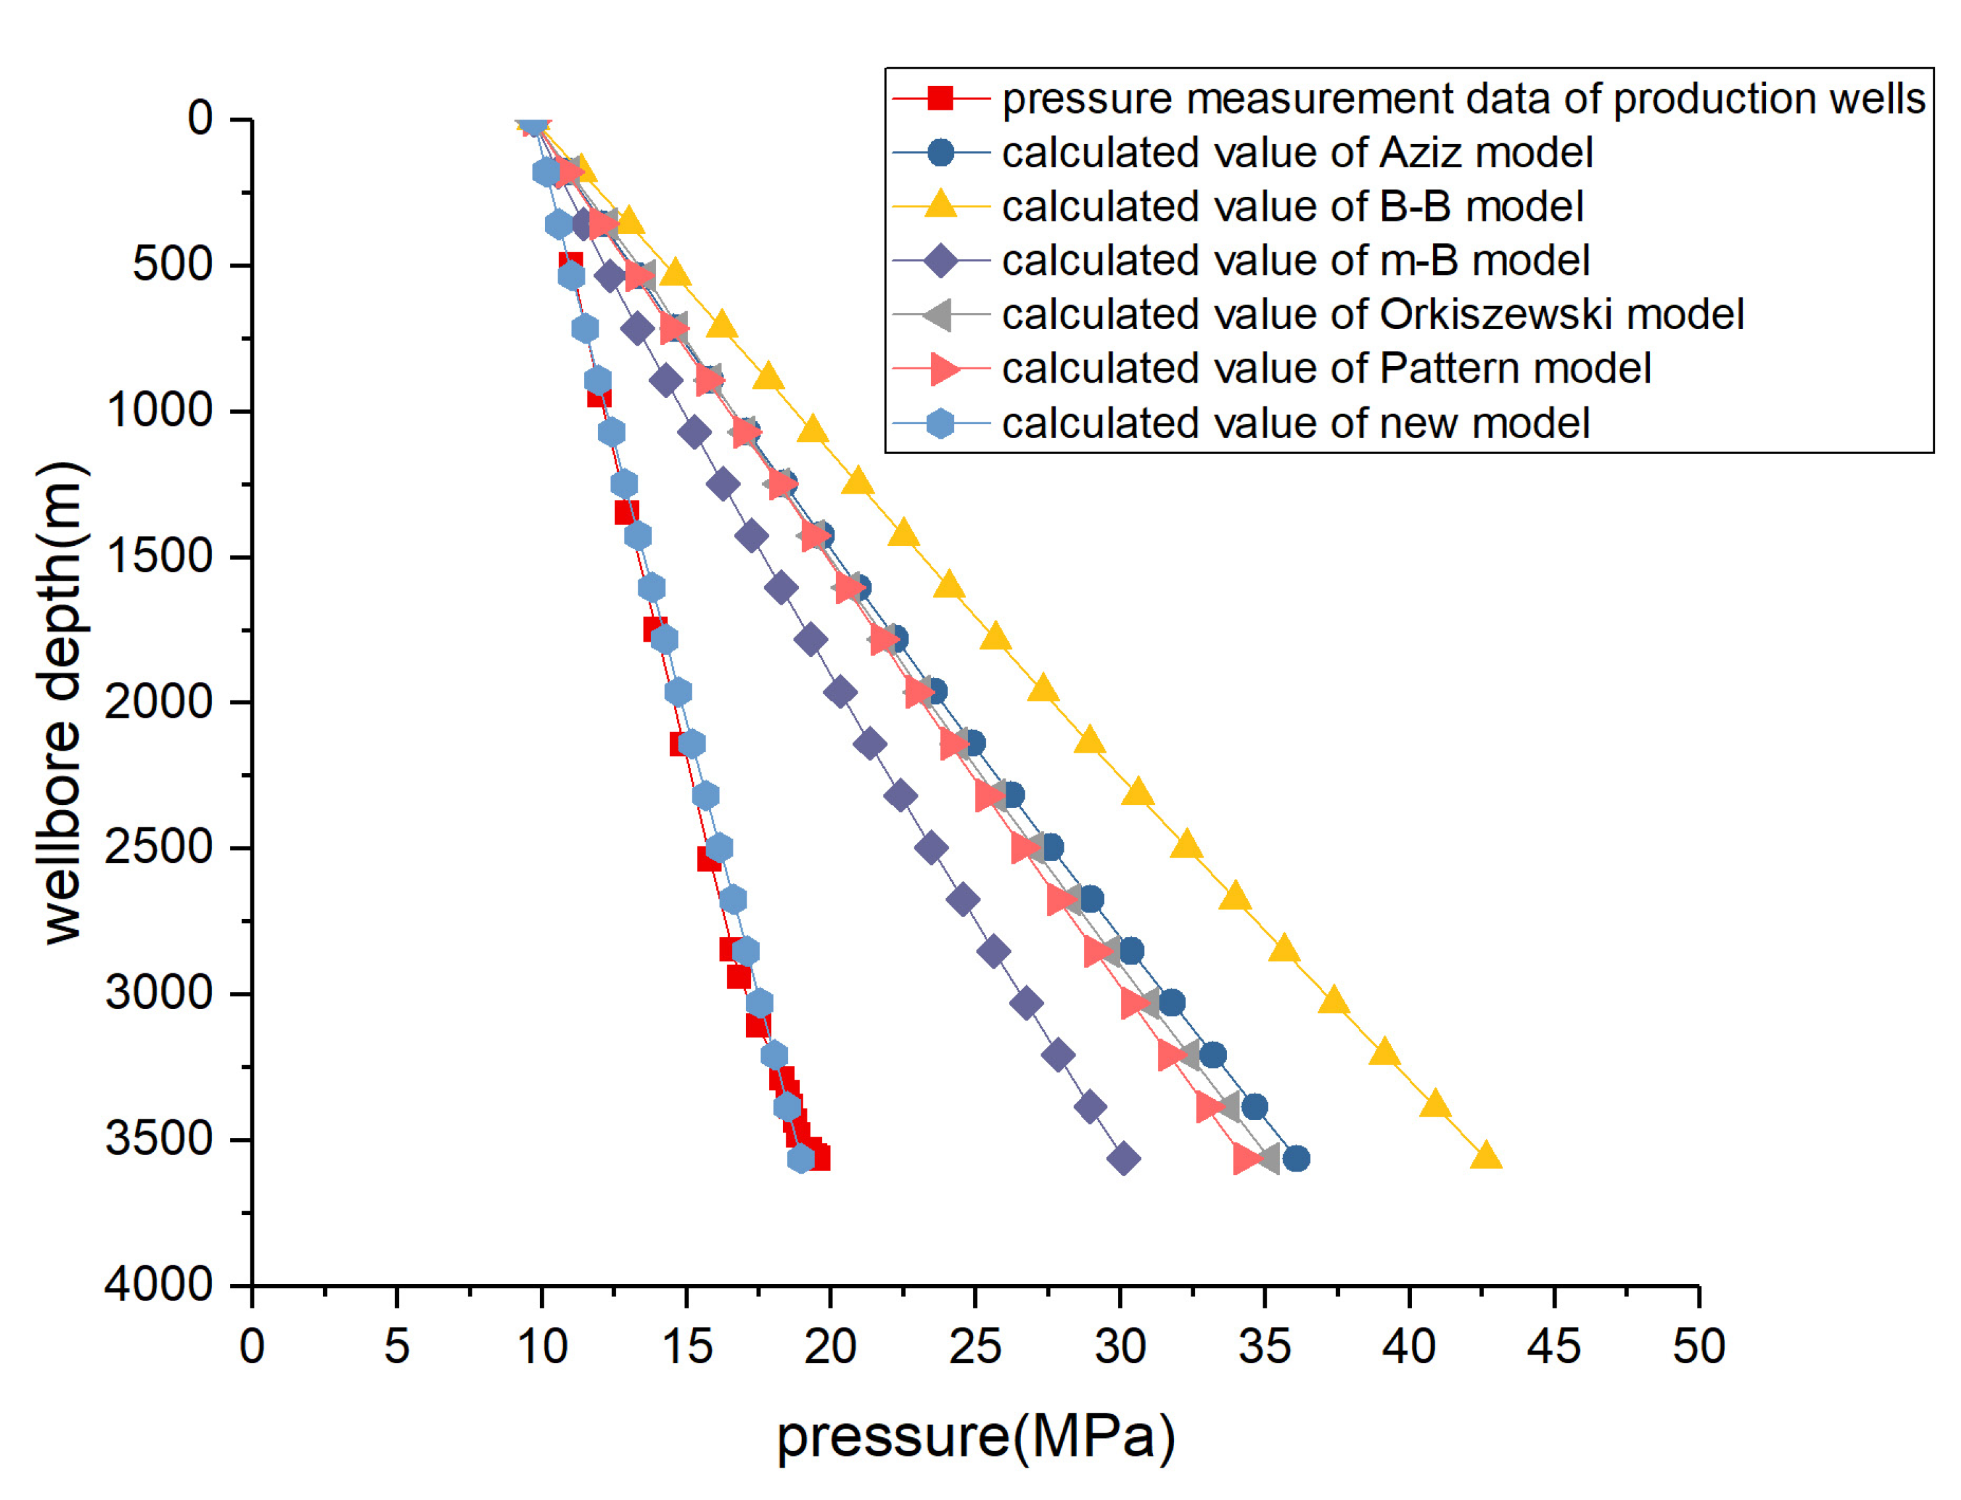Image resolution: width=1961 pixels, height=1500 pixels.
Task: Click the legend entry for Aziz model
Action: click(x=1296, y=153)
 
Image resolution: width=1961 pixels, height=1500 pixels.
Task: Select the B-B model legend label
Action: click(x=1292, y=206)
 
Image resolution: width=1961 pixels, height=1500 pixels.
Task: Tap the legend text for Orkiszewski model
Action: click(x=1372, y=315)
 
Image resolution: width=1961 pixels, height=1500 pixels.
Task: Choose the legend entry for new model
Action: click(x=1294, y=423)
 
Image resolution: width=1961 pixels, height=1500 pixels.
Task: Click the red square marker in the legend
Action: click(x=940, y=97)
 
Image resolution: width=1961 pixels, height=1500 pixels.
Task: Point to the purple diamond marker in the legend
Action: click(x=940, y=261)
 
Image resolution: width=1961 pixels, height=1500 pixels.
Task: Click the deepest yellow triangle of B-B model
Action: click(x=1485, y=1154)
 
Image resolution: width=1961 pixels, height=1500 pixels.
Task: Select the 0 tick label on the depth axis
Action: click(x=200, y=118)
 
